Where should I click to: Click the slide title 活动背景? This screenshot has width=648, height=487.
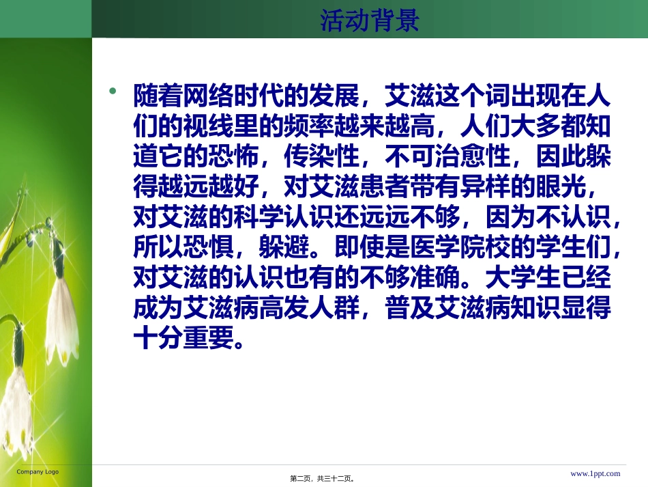click(x=369, y=20)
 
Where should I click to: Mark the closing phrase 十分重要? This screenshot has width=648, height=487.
click(x=183, y=337)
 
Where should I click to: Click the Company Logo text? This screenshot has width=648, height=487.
click(x=38, y=472)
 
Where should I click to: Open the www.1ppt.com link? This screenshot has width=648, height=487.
click(x=595, y=473)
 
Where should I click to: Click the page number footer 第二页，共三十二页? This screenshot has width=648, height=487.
click(x=322, y=479)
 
